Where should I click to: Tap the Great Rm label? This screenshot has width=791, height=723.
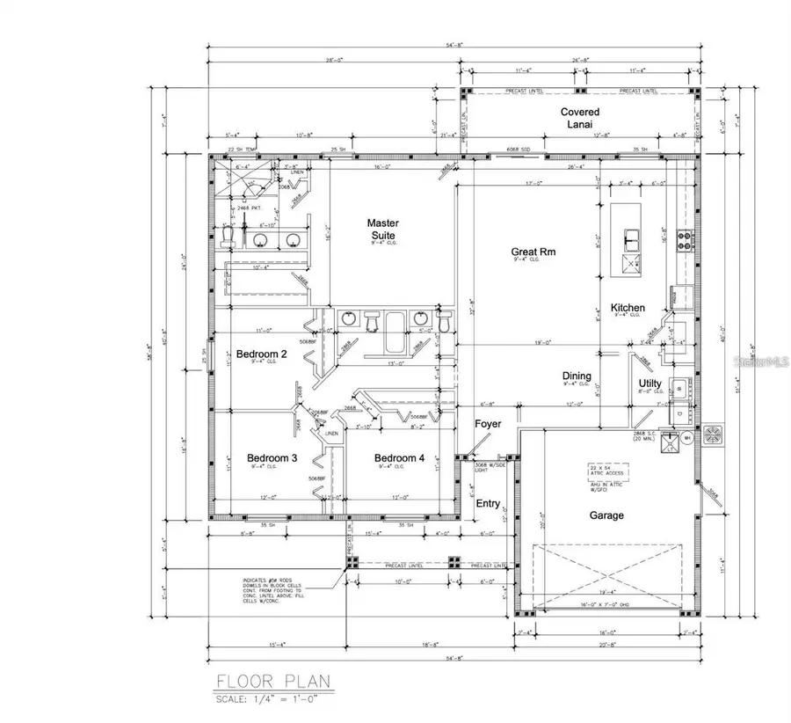tap(534, 252)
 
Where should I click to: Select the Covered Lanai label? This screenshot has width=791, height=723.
tap(580, 118)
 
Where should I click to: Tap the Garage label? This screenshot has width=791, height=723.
tap(606, 515)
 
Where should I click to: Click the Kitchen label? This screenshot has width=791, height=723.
tap(628, 308)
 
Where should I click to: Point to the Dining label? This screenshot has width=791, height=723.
tap(577, 376)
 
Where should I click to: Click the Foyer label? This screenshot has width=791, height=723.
tap(488, 424)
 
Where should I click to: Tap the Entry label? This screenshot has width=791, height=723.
tap(488, 503)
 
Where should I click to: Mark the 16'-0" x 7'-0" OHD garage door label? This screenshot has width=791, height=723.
tap(606, 605)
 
